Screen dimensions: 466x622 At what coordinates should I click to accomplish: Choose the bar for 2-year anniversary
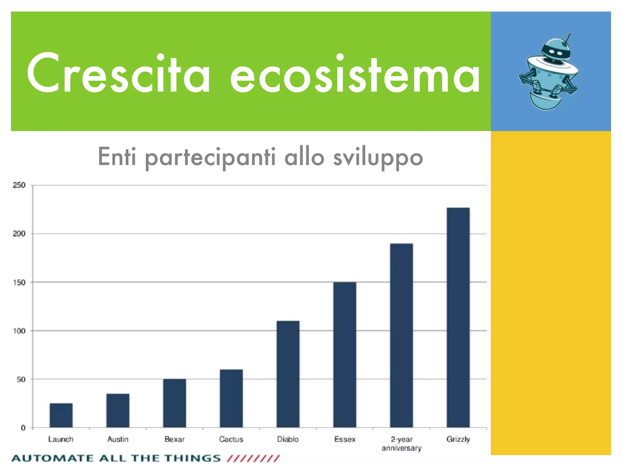point(402,335)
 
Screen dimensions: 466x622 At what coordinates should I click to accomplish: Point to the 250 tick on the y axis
point(19,185)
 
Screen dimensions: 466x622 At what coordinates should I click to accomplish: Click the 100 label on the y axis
point(19,331)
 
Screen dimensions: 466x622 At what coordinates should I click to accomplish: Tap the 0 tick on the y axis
point(23,428)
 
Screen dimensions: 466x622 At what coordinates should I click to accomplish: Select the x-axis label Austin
point(118,439)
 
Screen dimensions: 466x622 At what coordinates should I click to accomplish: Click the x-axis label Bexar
point(174,439)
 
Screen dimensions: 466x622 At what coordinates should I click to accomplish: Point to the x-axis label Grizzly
point(458,439)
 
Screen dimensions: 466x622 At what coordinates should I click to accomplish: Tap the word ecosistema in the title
point(355,74)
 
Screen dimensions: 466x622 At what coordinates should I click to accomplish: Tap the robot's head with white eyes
point(556,52)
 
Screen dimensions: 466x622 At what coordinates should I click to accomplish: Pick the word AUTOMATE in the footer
point(52,458)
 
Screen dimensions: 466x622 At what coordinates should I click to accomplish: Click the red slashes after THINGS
point(253,458)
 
